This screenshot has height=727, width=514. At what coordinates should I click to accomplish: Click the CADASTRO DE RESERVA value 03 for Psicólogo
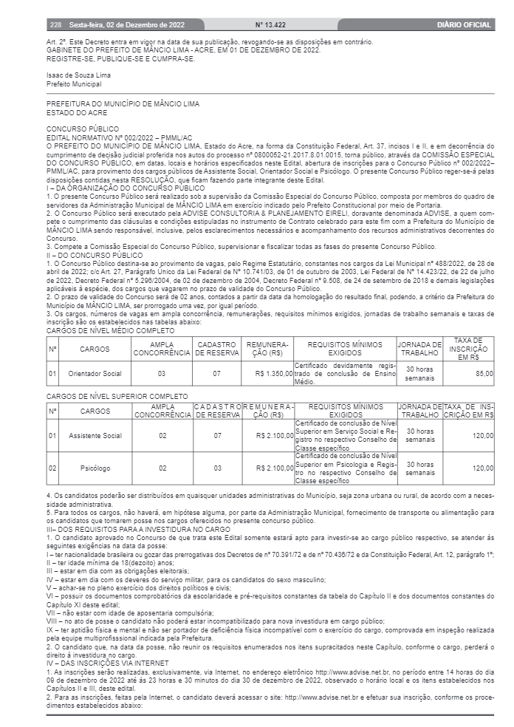217,468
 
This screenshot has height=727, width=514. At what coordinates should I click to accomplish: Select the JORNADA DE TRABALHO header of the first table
419,348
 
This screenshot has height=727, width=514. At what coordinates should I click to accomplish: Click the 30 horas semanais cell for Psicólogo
419,468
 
